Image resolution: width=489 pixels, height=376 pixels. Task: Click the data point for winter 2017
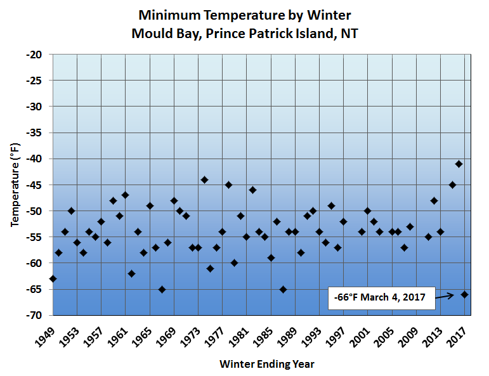pos(464,294)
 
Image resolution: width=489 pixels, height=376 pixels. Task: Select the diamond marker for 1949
pos(53,278)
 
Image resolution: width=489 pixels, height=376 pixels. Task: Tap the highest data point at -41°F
pos(459,164)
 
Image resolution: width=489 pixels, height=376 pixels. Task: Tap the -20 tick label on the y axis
pos(34,55)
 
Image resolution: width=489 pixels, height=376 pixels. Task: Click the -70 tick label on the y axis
pos(34,315)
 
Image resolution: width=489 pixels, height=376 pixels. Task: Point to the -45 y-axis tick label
pos(34,185)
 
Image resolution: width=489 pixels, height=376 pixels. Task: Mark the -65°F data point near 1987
pos(283,289)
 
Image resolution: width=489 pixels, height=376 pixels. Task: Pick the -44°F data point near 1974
pos(204,179)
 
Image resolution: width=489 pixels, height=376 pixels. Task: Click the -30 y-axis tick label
pos(34,107)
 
